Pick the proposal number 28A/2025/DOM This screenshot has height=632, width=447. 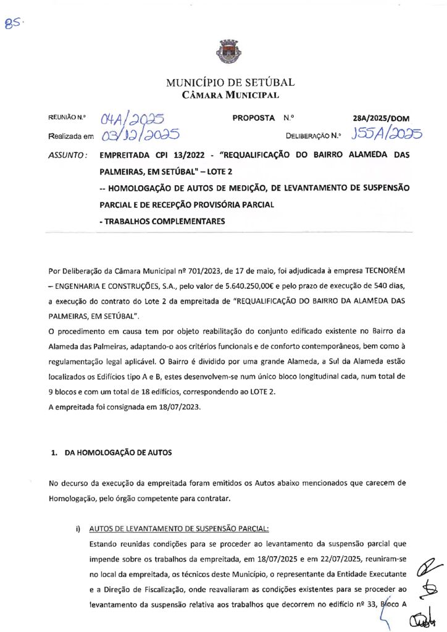pos(381,118)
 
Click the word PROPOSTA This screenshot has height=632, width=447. pos(253,117)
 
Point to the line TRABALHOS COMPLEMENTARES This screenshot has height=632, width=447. pos(164,221)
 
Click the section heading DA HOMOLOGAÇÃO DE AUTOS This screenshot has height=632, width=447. pos(115,452)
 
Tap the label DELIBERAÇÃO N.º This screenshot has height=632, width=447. pos(313,134)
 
